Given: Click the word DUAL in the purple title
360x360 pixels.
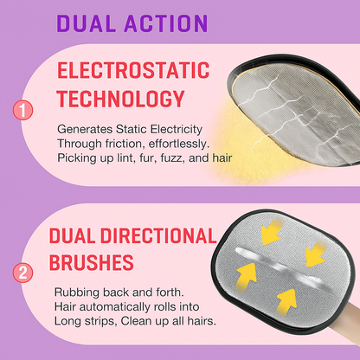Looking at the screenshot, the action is click(x=86, y=22).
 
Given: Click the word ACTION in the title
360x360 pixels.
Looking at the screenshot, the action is click(x=166, y=22).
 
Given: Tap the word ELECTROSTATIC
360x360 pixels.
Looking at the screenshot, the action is click(x=133, y=70).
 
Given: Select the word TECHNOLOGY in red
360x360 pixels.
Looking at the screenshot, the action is click(x=120, y=99).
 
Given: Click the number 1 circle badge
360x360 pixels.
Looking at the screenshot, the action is click(x=22, y=110).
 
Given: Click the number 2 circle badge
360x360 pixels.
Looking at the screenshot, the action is click(x=22, y=273).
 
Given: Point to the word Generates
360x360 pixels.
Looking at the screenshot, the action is click(x=85, y=130).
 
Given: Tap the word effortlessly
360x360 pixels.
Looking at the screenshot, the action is click(x=179, y=144).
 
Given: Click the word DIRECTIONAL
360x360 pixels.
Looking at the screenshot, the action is click(x=158, y=235).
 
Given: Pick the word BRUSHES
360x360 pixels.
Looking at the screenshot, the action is click(x=92, y=262).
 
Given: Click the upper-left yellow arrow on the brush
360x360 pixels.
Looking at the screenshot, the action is click(x=271, y=232).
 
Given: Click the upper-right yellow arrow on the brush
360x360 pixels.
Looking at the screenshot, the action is click(x=315, y=254).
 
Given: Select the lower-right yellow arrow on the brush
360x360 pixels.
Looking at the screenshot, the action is click(x=286, y=302).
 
